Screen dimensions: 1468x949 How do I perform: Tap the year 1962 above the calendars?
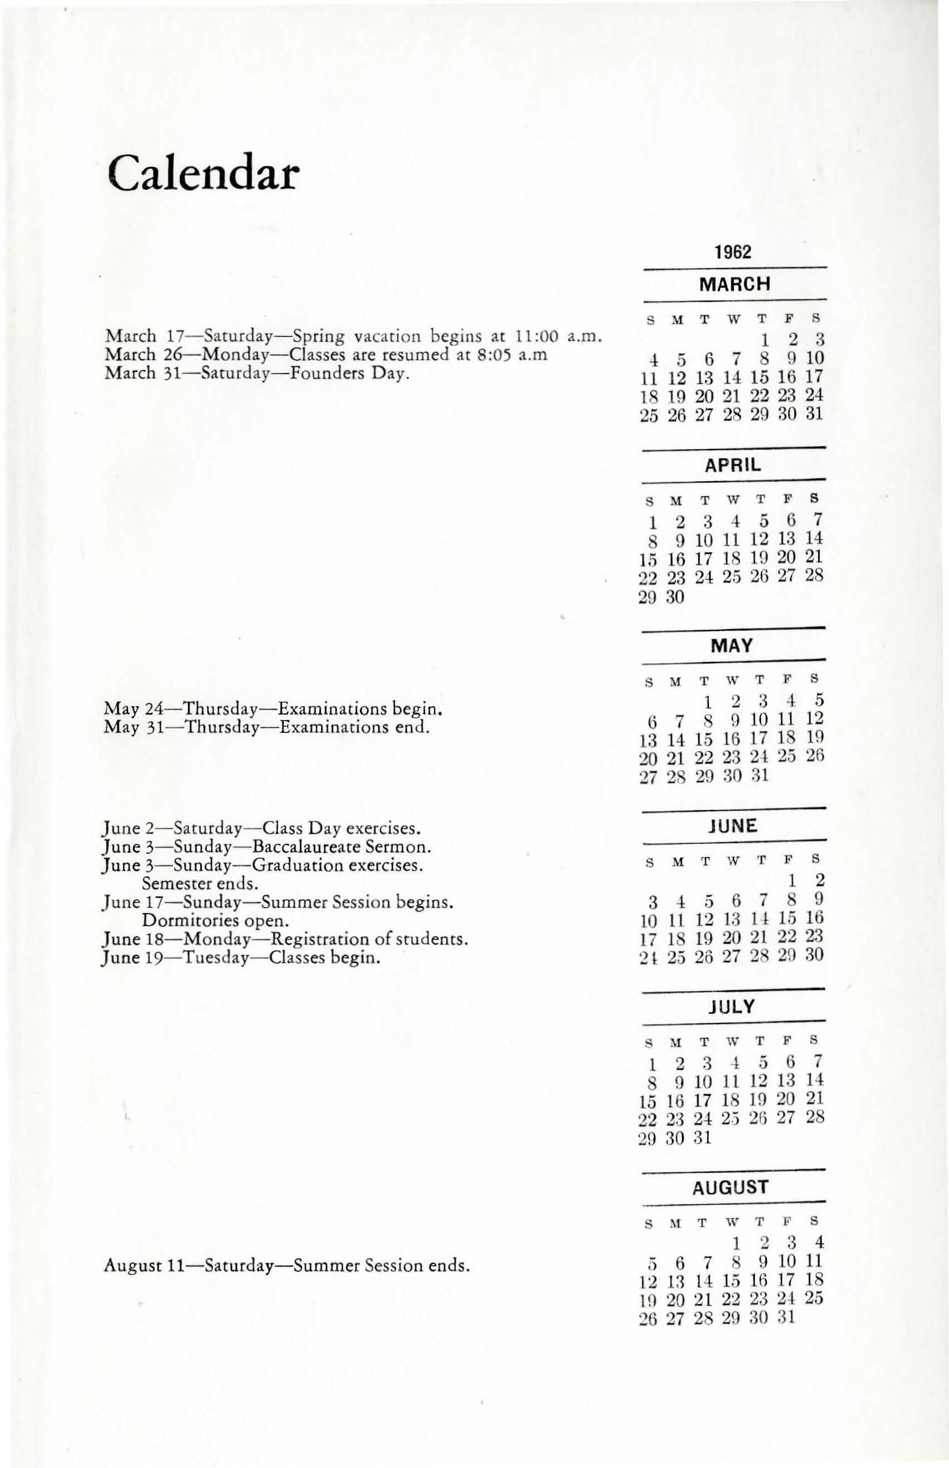[x=733, y=252]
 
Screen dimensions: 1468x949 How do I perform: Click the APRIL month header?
[x=733, y=465]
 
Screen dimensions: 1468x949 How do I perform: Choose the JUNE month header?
[x=732, y=826]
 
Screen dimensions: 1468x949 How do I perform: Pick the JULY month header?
[x=732, y=1007]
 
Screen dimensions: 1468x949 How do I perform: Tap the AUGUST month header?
[x=731, y=1187]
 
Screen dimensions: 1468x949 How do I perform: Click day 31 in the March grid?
[x=814, y=414]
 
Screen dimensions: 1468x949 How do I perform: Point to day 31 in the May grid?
[x=760, y=775]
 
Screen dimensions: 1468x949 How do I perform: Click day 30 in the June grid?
[x=815, y=955]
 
